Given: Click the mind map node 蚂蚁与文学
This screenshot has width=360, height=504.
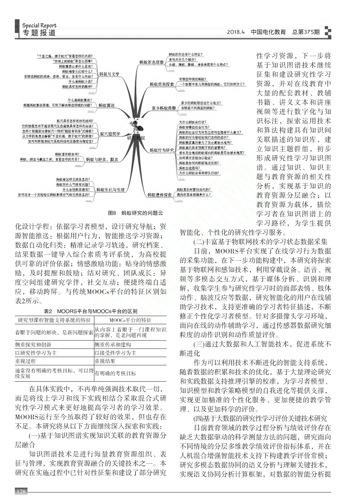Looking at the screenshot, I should pyautogui.click(x=109, y=74).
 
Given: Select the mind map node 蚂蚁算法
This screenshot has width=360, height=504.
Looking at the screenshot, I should pyautogui.click(x=106, y=106).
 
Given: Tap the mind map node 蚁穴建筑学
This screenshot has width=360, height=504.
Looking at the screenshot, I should pyautogui.click(x=110, y=134).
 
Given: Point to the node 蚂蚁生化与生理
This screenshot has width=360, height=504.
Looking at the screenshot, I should pyautogui.click(x=110, y=190).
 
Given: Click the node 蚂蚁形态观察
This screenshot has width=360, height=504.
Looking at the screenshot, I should pyautogui.click(x=152, y=62).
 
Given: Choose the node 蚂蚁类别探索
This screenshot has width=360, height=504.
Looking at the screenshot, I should pyautogui.click(x=162, y=84).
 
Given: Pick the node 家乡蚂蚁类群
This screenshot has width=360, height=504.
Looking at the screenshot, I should pyautogui.click(x=164, y=108).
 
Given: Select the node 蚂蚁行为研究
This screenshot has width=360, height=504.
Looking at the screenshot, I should pyautogui.click(x=162, y=150).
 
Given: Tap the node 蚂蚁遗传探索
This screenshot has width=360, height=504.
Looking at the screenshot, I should pyautogui.click(x=159, y=195).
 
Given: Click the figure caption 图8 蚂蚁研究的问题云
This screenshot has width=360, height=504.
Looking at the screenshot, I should pyautogui.click(x=136, y=213).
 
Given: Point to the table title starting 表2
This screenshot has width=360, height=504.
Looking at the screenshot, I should pyautogui.click(x=90, y=311).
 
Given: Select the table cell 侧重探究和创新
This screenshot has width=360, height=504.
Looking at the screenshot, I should pyautogui.click(x=34, y=345).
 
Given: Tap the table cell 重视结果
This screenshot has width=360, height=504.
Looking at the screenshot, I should pyautogui.click(x=105, y=361).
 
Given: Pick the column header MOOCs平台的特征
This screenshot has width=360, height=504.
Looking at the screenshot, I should pyautogui.click(x=130, y=320).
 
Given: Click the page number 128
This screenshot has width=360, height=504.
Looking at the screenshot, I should pyautogui.click(x=21, y=492).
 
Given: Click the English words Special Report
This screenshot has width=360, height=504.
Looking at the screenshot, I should pyautogui.click(x=39, y=25).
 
